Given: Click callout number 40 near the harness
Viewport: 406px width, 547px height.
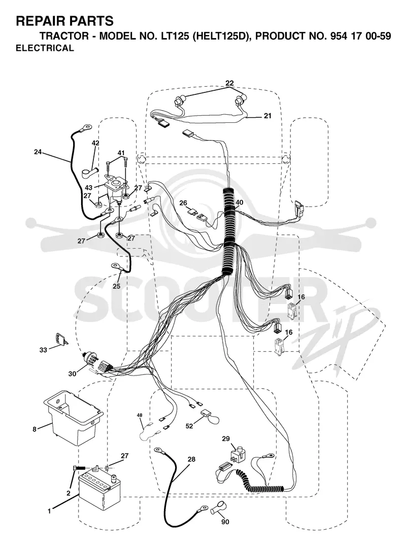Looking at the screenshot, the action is pos(239,202).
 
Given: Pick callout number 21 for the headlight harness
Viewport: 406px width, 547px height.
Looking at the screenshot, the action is pos(267,116).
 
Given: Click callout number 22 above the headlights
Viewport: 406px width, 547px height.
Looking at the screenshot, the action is pos(229,83).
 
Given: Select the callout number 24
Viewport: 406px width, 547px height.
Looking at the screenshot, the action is pos(38,152).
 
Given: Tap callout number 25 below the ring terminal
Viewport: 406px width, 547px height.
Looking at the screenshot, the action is pos(116,286).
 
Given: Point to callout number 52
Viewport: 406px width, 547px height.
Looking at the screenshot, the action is pos(189,426).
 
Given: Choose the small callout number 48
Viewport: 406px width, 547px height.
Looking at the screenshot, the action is pos(140,415).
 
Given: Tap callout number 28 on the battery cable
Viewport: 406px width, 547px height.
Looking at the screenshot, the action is pos(191,459).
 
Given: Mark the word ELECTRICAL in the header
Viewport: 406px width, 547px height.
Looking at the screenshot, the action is pos(45,48).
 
